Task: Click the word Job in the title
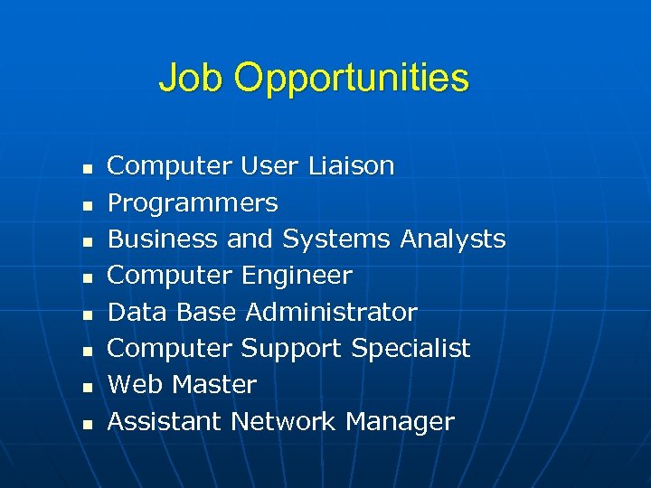pos(192,78)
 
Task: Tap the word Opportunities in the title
pos(352,80)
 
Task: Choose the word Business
pos(163,239)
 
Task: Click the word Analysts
pos(452,240)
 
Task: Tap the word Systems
pos(335,240)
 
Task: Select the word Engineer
pos(297,277)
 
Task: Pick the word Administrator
pos(331,313)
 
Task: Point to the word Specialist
pos(410,350)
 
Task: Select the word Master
pos(214,385)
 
